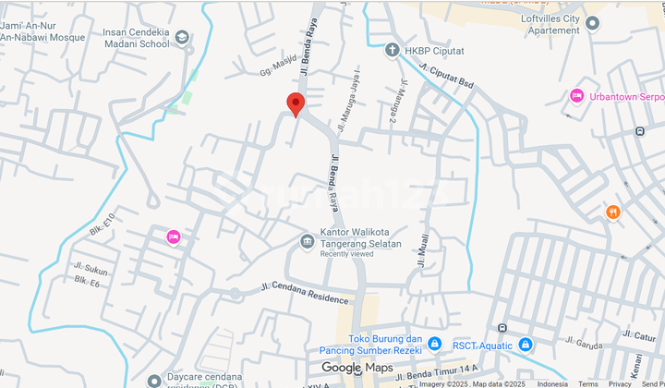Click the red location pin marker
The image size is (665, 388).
coord(296,104)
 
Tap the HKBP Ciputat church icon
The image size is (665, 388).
coord(393,50)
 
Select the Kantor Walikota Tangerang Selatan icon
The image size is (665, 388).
coord(308,242)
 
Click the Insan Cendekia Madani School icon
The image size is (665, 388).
coord(182,38)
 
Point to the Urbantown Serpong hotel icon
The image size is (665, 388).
coord(577,96)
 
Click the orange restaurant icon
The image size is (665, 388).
coord(613,212)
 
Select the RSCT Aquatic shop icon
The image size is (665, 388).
coord(526,345)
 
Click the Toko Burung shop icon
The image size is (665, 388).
coord(434,345)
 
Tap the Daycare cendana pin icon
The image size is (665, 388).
coord(153,378)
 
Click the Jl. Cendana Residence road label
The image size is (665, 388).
coord(306,293)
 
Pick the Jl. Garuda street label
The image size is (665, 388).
coord(585,343)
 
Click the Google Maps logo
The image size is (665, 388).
coord(357,368)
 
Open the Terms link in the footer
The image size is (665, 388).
coord(587,383)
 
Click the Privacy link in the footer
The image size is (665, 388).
coord(620,383)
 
